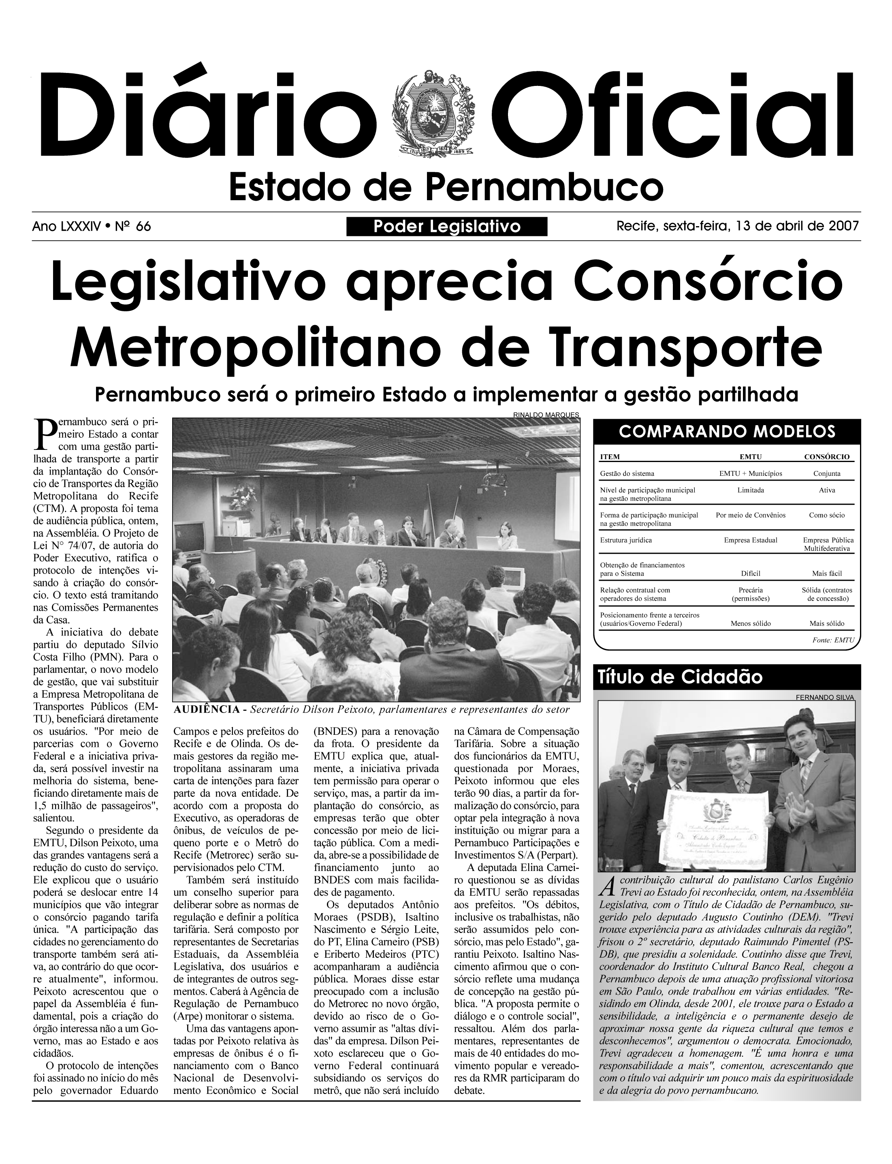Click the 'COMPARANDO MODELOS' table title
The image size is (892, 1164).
tap(726, 431)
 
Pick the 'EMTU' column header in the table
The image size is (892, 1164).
tap(750, 457)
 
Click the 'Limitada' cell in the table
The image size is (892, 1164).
tap(750, 490)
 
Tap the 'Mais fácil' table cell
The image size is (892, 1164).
tap(826, 573)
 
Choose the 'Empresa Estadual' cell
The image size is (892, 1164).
tap(750, 540)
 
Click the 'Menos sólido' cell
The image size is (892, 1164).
tap(750, 623)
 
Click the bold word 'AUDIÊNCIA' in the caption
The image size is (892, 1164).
tap(207, 710)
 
